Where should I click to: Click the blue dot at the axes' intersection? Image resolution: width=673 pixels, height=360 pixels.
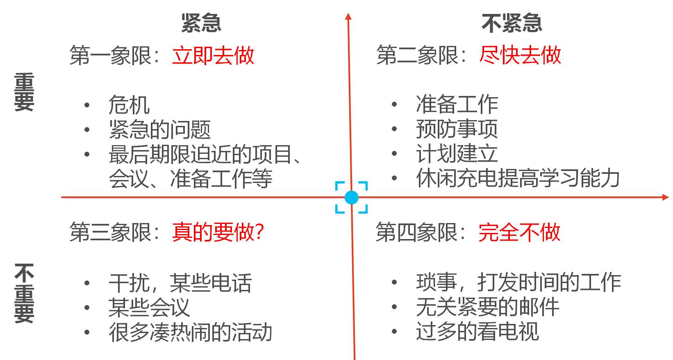351,198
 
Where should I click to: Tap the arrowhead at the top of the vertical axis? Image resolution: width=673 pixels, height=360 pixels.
348,16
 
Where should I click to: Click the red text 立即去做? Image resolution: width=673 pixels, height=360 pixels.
213,55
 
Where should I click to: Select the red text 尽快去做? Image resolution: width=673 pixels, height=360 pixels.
520,55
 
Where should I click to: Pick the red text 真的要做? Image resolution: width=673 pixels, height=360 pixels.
218,232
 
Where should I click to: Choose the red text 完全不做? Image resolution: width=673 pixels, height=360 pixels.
519,232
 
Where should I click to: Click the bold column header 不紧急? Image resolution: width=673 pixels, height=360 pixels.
512,23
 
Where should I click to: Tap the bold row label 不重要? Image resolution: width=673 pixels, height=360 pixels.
24,293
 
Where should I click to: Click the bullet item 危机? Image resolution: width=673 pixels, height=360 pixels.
129,105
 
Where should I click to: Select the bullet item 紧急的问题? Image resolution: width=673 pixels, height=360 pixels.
159,130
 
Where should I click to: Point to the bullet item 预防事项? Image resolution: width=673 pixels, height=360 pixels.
457,129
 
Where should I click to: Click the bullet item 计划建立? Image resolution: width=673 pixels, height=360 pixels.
457,153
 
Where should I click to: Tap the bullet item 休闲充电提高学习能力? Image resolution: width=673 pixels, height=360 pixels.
518,178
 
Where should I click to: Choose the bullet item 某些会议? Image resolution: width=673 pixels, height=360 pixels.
149,308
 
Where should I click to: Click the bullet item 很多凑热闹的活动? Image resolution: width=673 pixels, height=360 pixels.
190,332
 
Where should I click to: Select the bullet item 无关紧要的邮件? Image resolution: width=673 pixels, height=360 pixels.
487,307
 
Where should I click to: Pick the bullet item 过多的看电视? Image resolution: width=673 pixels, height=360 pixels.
477,331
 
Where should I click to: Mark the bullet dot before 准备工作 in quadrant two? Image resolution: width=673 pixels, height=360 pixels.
394,105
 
